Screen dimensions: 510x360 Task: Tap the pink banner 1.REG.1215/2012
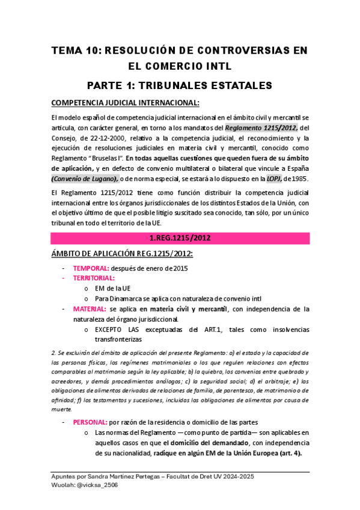(x=180, y=238)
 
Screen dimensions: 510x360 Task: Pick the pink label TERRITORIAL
(x=95, y=279)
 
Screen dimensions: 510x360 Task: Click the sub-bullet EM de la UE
(x=113, y=289)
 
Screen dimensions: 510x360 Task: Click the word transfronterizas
(x=119, y=339)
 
